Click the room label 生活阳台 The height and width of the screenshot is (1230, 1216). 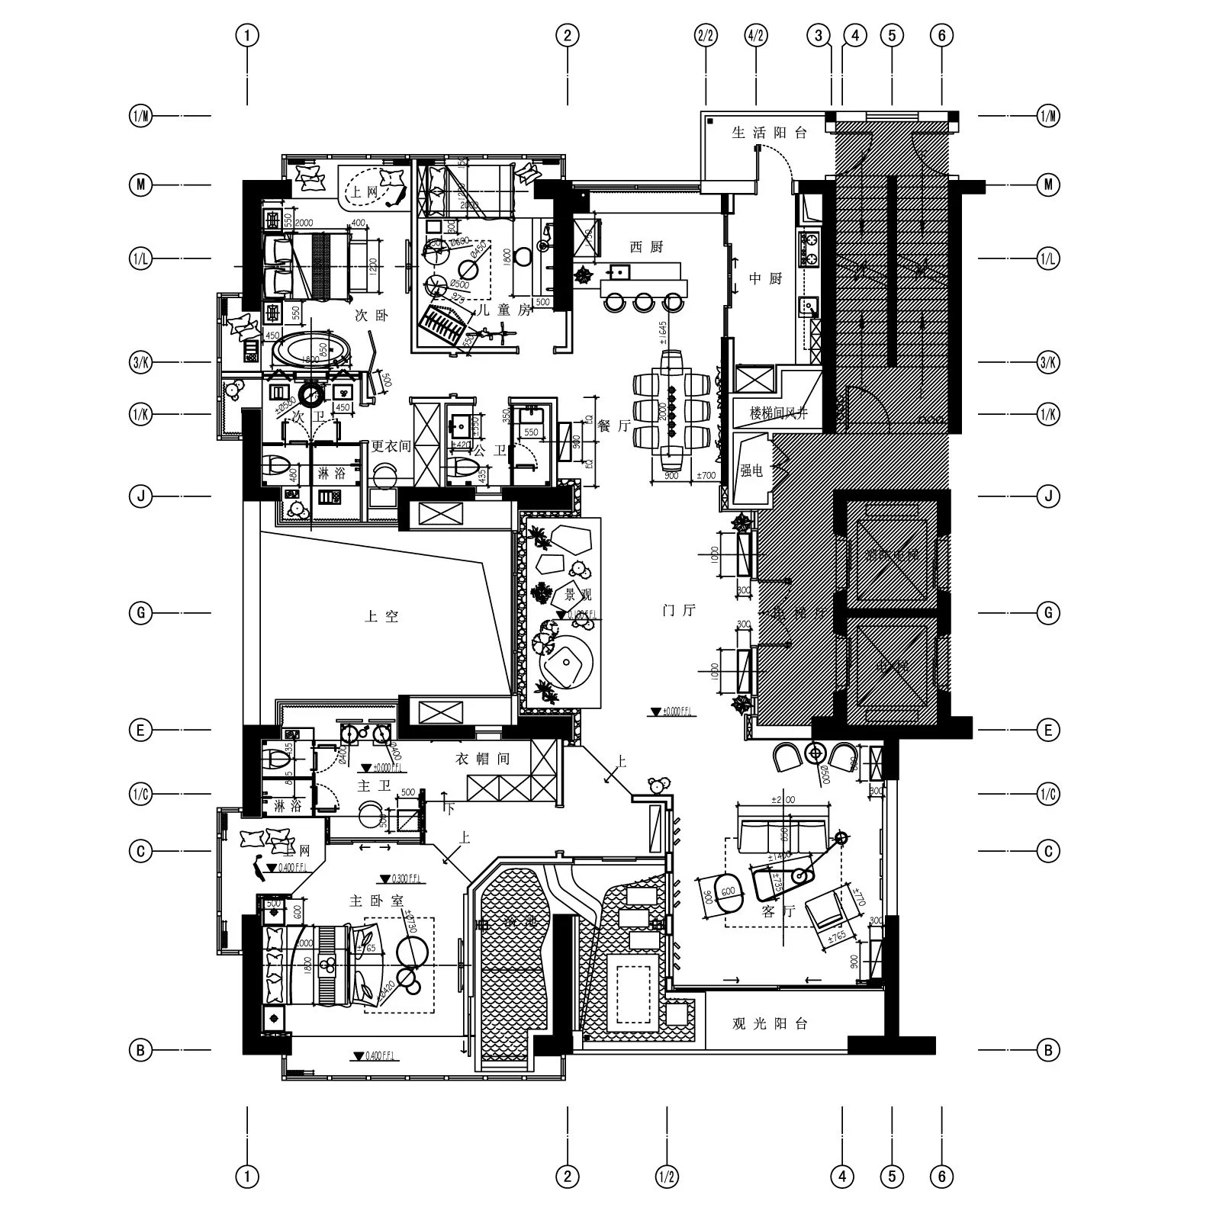[x=769, y=133]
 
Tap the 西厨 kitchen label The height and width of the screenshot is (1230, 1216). [x=646, y=247]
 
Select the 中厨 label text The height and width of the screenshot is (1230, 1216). [x=765, y=279]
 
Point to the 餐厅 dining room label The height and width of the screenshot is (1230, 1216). [x=613, y=426]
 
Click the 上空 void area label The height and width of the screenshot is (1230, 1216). [x=381, y=616]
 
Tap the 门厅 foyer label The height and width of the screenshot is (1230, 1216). [x=679, y=610]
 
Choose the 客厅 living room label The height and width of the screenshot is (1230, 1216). [x=778, y=910]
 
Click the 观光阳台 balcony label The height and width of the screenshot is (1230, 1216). [x=769, y=1023]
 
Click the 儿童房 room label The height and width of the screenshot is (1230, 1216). [x=502, y=310]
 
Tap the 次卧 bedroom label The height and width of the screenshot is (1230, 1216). [x=372, y=315]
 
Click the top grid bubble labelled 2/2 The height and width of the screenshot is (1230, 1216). [x=706, y=35]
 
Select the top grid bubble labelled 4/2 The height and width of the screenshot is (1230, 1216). [x=756, y=35]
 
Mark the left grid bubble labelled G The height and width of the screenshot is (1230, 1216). [x=140, y=612]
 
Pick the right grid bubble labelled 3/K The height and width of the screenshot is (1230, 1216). [x=1048, y=362]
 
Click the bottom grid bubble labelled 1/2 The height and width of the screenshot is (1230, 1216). [x=667, y=1177]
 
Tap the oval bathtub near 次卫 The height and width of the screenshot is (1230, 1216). [x=312, y=352]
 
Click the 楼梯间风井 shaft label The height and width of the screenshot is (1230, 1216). [x=778, y=414]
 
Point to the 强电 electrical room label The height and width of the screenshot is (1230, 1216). [x=751, y=471]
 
